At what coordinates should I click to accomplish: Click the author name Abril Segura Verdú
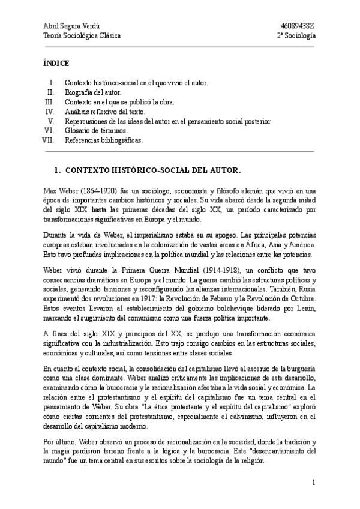coord(71,26)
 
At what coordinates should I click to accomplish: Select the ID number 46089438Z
coord(298,26)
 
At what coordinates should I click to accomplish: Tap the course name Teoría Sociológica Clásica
coord(82,35)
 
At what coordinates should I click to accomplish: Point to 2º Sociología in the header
coord(296,35)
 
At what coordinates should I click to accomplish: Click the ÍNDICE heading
coord(56,63)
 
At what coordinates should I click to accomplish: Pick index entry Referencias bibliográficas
coord(104,140)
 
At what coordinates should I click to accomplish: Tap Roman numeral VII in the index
coord(49,140)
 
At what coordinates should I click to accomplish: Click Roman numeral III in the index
coord(50,102)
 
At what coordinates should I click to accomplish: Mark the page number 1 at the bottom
coord(314,482)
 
